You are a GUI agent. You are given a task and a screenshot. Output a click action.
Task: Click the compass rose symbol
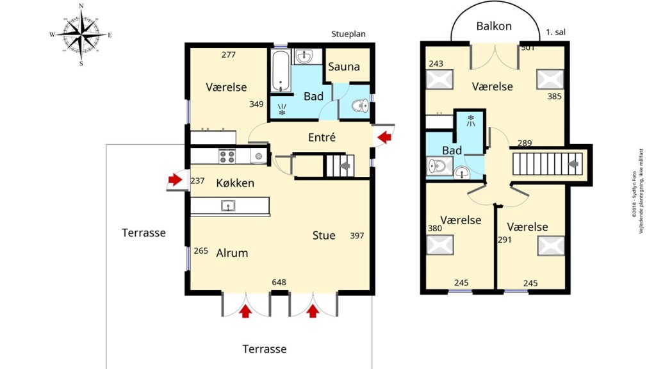[x=81, y=34]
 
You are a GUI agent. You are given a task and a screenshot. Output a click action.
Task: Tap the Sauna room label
[x=344, y=67]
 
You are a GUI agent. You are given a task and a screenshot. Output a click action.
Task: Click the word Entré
[x=322, y=137]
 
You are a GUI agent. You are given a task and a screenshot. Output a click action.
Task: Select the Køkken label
[x=234, y=183]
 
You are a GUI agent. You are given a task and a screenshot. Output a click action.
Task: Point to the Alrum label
[x=232, y=253]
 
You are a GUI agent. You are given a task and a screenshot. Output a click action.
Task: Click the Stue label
[x=324, y=235]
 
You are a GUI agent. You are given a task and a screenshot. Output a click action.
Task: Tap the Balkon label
[x=494, y=26]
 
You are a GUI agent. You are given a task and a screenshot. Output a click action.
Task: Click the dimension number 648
[x=279, y=282]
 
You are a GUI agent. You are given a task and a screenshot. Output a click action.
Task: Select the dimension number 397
[x=357, y=236]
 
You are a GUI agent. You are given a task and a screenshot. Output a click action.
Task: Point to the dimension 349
[x=257, y=104]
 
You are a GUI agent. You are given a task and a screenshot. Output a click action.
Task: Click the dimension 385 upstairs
[x=555, y=97]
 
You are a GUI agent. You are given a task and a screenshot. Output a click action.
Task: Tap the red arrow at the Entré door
[x=384, y=136]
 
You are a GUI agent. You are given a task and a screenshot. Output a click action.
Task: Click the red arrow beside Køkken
[x=175, y=179]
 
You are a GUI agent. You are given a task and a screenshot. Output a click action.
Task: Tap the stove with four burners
[x=227, y=156]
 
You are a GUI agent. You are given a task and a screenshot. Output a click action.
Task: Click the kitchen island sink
[x=227, y=206]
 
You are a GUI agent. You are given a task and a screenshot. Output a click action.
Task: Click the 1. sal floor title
[x=555, y=31]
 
